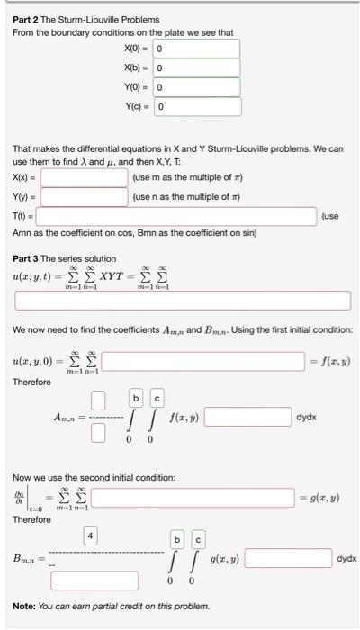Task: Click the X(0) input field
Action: pos(196,48)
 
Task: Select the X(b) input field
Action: pos(196,67)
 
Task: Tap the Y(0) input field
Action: pos(196,87)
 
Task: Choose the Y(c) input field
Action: pos(196,107)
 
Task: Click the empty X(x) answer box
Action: pos(84,178)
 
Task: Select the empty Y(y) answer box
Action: pos(84,196)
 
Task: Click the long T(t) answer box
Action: pos(176,217)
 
